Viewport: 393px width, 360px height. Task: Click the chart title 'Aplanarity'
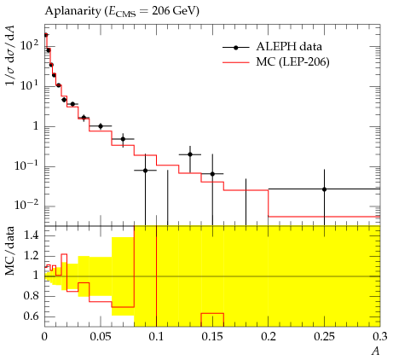point(72,11)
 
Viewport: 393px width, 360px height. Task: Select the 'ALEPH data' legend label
point(289,47)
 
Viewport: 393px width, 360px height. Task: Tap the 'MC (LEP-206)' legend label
point(292,62)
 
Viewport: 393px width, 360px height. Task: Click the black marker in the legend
point(235,48)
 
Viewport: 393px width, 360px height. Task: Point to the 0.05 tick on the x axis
point(101,337)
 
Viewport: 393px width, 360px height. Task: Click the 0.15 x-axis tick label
point(212,337)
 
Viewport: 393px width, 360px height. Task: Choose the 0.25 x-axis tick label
point(325,337)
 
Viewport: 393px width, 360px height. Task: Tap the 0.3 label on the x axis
point(380,337)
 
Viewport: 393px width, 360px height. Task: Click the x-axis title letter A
point(376,351)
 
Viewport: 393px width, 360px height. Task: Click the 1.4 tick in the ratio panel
point(32,235)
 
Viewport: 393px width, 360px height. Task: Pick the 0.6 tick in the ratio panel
point(32,316)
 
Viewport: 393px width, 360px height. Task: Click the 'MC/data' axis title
point(10,251)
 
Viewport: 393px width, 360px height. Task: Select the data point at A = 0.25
point(324,189)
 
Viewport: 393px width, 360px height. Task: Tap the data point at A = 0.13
point(190,154)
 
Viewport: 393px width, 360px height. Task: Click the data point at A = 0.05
point(101,126)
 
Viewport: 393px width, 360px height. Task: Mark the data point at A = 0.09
point(145,171)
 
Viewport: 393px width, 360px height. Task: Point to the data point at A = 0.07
point(123,139)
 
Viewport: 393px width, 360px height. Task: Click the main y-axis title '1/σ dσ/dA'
point(11,55)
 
